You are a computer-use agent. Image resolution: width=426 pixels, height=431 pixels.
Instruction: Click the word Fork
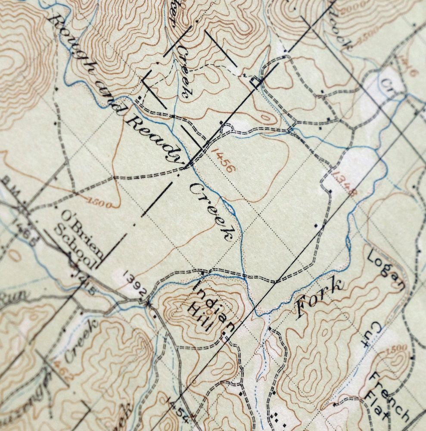coord(319,299)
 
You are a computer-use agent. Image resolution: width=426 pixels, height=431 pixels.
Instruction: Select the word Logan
coord(387,271)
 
